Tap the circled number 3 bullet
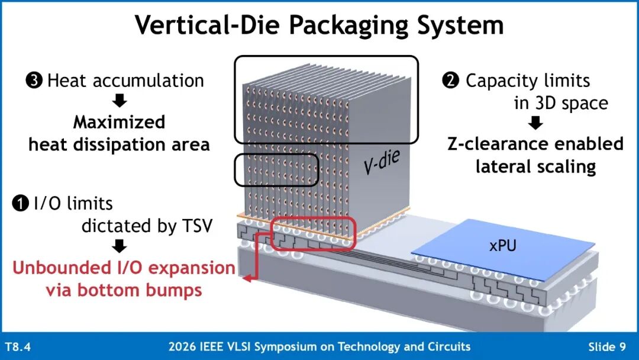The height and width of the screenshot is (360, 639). [34, 81]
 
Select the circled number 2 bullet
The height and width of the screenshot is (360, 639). [451, 81]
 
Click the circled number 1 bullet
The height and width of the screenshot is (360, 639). [20, 204]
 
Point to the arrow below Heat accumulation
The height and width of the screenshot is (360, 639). [120, 101]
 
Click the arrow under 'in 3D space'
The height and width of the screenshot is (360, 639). [535, 123]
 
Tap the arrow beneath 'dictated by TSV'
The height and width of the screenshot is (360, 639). [119, 246]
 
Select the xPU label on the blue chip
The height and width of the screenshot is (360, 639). [502, 246]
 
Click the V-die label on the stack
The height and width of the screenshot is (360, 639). [382, 162]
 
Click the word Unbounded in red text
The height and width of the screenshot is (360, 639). [61, 268]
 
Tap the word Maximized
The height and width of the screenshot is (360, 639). [119, 123]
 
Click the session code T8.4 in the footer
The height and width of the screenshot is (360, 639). [18, 346]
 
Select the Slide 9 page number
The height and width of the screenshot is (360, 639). [607, 346]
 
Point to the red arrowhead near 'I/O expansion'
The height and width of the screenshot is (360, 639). [247, 279]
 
